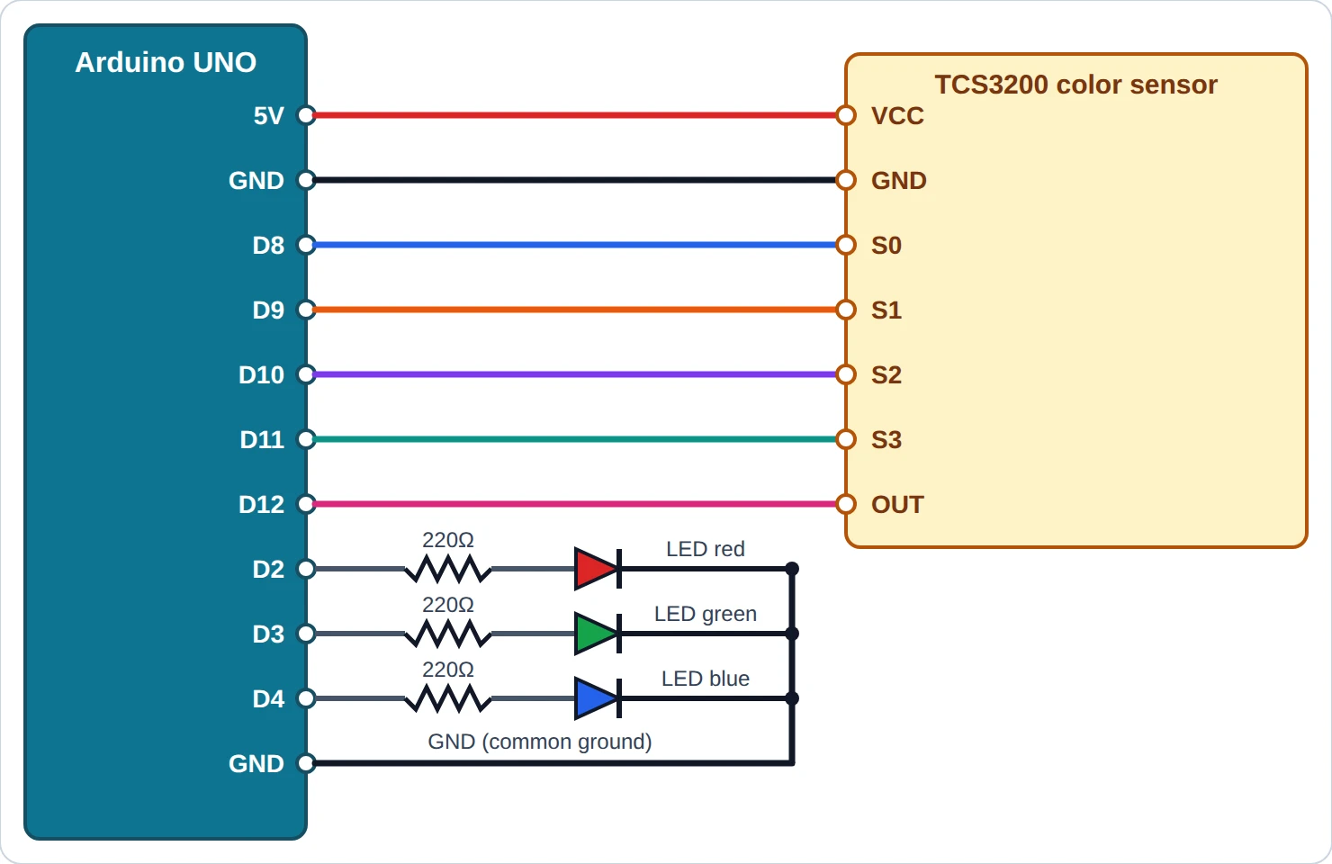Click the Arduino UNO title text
tap(166, 62)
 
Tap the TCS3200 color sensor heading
tap(1075, 85)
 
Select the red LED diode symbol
tap(598, 569)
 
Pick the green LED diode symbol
tap(598, 634)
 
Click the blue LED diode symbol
tap(598, 698)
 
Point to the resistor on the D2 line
tap(448, 569)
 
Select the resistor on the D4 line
tap(448, 698)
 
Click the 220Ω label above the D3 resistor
tap(448, 605)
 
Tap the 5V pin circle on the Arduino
tap(306, 115)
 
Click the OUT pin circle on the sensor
tap(846, 504)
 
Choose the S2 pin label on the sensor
tap(886, 375)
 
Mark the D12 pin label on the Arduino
tap(261, 505)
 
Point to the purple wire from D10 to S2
tap(576, 374)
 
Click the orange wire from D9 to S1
tap(576, 310)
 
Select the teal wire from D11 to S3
tap(576, 439)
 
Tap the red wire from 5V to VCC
tap(576, 115)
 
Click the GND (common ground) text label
tap(540, 742)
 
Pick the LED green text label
tap(706, 614)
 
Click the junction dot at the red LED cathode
tap(792, 569)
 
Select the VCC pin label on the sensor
tap(897, 116)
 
